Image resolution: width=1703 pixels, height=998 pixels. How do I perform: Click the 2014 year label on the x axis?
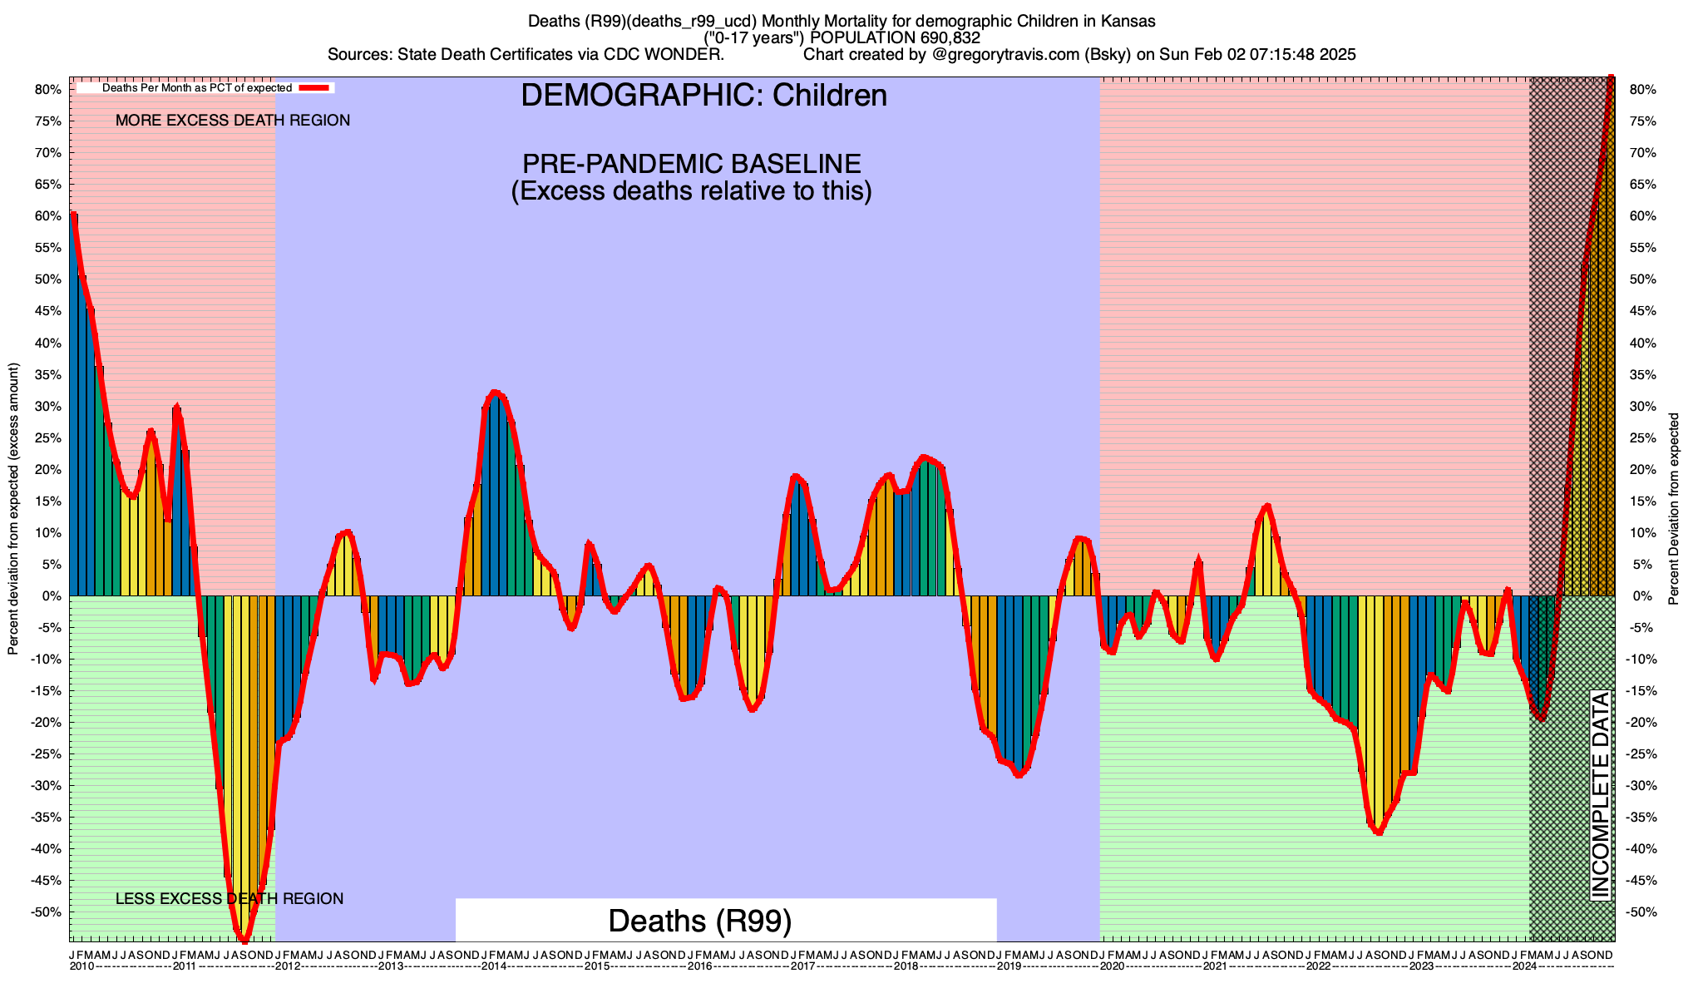click(494, 966)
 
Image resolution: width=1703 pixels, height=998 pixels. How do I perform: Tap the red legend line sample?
click(315, 87)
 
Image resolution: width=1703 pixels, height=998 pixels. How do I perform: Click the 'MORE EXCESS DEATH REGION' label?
click(233, 121)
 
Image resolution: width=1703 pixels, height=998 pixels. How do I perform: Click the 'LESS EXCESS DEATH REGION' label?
click(230, 899)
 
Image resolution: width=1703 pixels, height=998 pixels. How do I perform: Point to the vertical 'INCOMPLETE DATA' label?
click(1601, 795)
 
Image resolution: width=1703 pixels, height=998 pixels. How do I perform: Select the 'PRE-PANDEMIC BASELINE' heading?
click(691, 163)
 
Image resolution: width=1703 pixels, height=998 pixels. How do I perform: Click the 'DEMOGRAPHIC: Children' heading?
click(703, 96)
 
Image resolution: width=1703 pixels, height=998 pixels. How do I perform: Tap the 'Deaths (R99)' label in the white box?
click(699, 921)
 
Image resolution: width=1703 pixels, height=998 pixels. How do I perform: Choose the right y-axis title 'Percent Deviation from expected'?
click(1674, 508)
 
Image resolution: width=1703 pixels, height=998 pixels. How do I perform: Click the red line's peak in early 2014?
click(495, 392)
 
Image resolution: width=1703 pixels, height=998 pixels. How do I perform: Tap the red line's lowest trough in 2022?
click(1379, 832)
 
